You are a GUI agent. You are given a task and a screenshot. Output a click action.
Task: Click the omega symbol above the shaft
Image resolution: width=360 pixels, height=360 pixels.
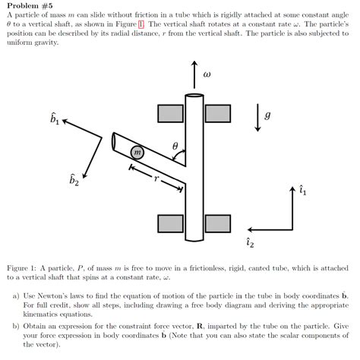[207, 74]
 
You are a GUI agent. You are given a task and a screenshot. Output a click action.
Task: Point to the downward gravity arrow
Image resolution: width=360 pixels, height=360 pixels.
[257, 117]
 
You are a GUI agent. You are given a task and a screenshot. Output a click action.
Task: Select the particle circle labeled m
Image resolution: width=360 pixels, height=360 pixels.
[137, 153]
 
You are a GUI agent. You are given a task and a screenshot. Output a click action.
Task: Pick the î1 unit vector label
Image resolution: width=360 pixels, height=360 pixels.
[304, 191]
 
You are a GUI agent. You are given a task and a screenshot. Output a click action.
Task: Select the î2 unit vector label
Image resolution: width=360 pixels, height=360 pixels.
[250, 242]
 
